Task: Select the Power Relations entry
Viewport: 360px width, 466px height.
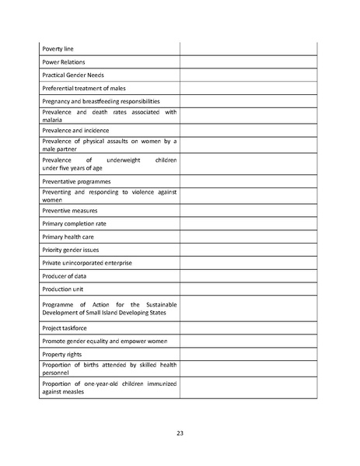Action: point(64,62)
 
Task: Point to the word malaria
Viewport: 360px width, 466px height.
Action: point(53,120)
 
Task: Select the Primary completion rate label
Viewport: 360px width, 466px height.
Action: point(74,223)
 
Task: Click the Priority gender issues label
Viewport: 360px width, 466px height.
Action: point(71,250)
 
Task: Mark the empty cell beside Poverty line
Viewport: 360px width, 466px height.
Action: point(249,49)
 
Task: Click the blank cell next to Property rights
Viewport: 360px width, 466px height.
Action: point(249,355)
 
